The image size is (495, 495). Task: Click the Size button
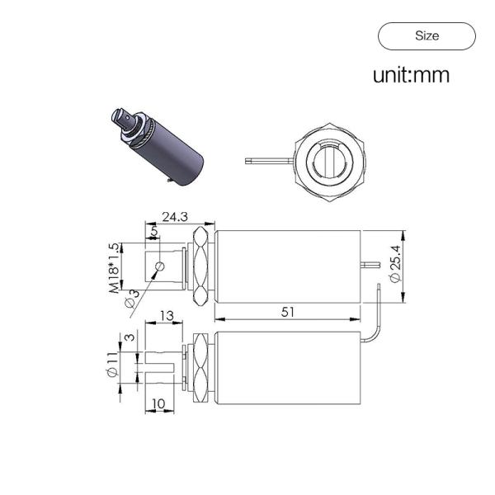click(x=427, y=35)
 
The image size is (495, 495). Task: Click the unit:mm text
click(x=411, y=76)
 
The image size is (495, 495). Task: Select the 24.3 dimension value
click(x=174, y=217)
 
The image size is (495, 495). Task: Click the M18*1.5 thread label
click(x=113, y=269)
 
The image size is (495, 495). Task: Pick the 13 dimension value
click(x=166, y=315)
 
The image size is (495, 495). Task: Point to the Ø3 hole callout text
click(x=132, y=298)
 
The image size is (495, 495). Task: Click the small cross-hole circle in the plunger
click(x=160, y=266)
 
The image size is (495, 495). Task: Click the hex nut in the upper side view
click(x=199, y=267)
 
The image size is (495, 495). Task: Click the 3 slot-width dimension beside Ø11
click(x=129, y=337)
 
